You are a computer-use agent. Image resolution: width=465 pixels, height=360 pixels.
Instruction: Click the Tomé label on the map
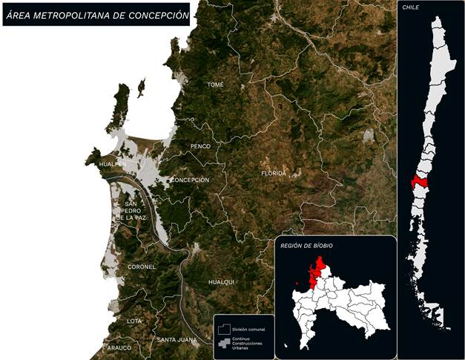pyautogui.click(x=215, y=85)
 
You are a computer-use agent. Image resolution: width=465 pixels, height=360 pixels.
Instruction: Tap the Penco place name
pyautogui.click(x=200, y=146)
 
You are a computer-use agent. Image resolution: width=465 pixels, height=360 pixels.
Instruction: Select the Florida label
pyautogui.click(x=273, y=173)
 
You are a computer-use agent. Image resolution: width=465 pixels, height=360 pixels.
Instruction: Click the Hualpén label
pyautogui.click(x=112, y=163)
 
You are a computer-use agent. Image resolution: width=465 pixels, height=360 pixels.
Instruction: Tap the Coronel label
pyautogui.click(x=142, y=266)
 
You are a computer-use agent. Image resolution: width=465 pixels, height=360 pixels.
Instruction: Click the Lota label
pyautogui.click(x=134, y=321)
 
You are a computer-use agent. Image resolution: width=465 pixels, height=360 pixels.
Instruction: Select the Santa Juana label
pyautogui.click(x=177, y=340)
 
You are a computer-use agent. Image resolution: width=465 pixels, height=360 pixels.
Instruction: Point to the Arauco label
pyautogui.click(x=119, y=347)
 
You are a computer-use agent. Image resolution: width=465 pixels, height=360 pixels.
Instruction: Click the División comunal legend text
pyautogui.click(x=248, y=329)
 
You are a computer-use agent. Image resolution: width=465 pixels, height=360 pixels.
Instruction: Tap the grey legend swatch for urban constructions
pyautogui.click(x=222, y=344)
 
